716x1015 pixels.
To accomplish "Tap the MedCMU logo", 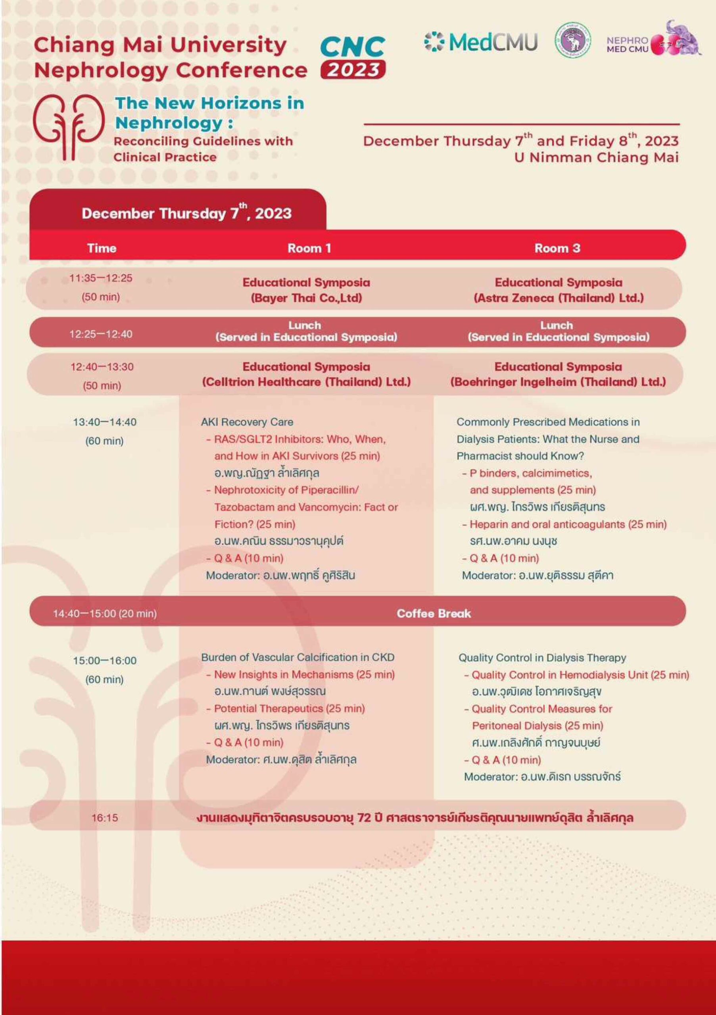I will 481,42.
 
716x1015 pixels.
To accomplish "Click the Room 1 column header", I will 309,248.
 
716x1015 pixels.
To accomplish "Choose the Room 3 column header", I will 557,248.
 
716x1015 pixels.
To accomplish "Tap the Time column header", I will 102,248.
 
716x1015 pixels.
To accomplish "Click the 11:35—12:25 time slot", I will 101,278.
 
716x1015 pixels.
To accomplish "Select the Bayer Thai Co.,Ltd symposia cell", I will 307,297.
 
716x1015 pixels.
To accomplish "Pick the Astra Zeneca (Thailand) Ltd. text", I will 558,297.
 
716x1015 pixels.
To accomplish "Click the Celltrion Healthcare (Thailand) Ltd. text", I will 306,381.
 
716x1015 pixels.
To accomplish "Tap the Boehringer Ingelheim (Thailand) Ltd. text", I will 558,381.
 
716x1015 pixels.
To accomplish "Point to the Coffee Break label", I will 434,613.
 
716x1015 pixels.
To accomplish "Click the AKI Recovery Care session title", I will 247,422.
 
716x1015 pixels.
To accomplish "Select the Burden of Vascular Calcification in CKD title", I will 298,657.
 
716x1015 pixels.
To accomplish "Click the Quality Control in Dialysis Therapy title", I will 542,658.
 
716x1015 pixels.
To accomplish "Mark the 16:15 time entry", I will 105,818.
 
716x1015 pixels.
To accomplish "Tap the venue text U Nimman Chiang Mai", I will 596,157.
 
